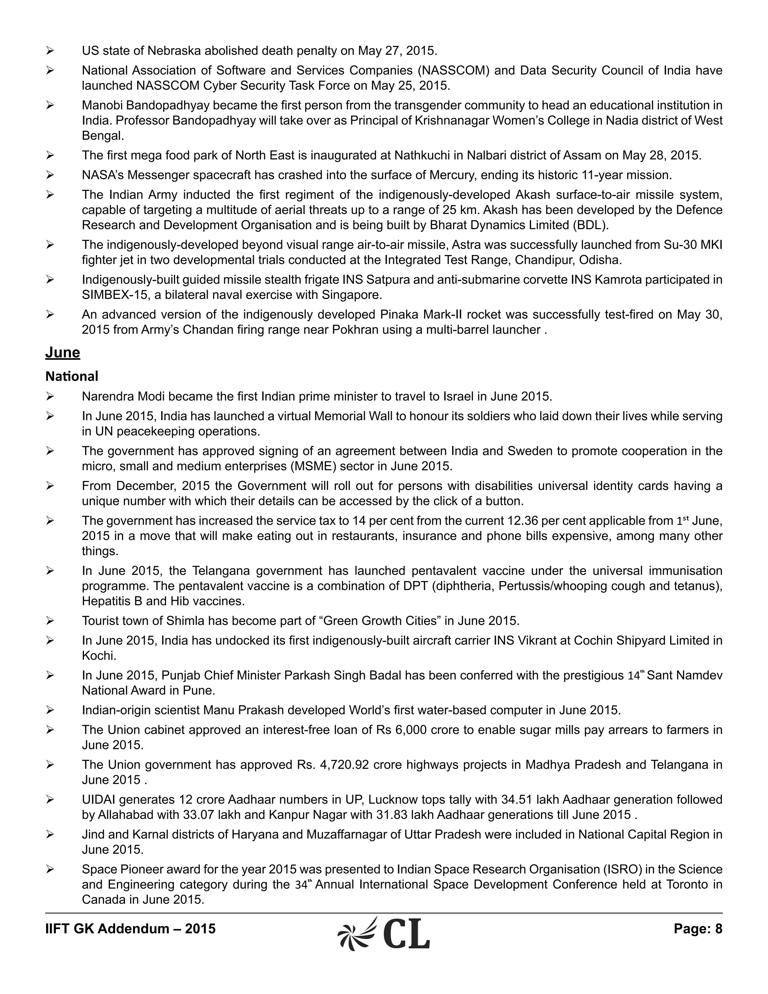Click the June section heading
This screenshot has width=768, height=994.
62,353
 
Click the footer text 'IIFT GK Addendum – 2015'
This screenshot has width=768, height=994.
130,928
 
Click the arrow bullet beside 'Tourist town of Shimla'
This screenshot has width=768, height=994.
50,621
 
